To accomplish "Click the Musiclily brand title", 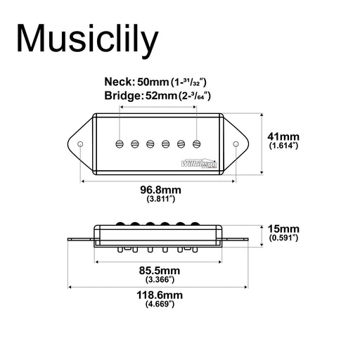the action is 87,39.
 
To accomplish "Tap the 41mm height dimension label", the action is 283,136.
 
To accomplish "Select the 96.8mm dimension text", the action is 160,190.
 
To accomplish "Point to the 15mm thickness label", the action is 283,229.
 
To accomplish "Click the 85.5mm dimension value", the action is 160,271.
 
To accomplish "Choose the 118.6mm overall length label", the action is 160,295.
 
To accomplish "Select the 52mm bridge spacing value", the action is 161,96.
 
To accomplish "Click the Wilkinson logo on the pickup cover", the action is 199,163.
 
